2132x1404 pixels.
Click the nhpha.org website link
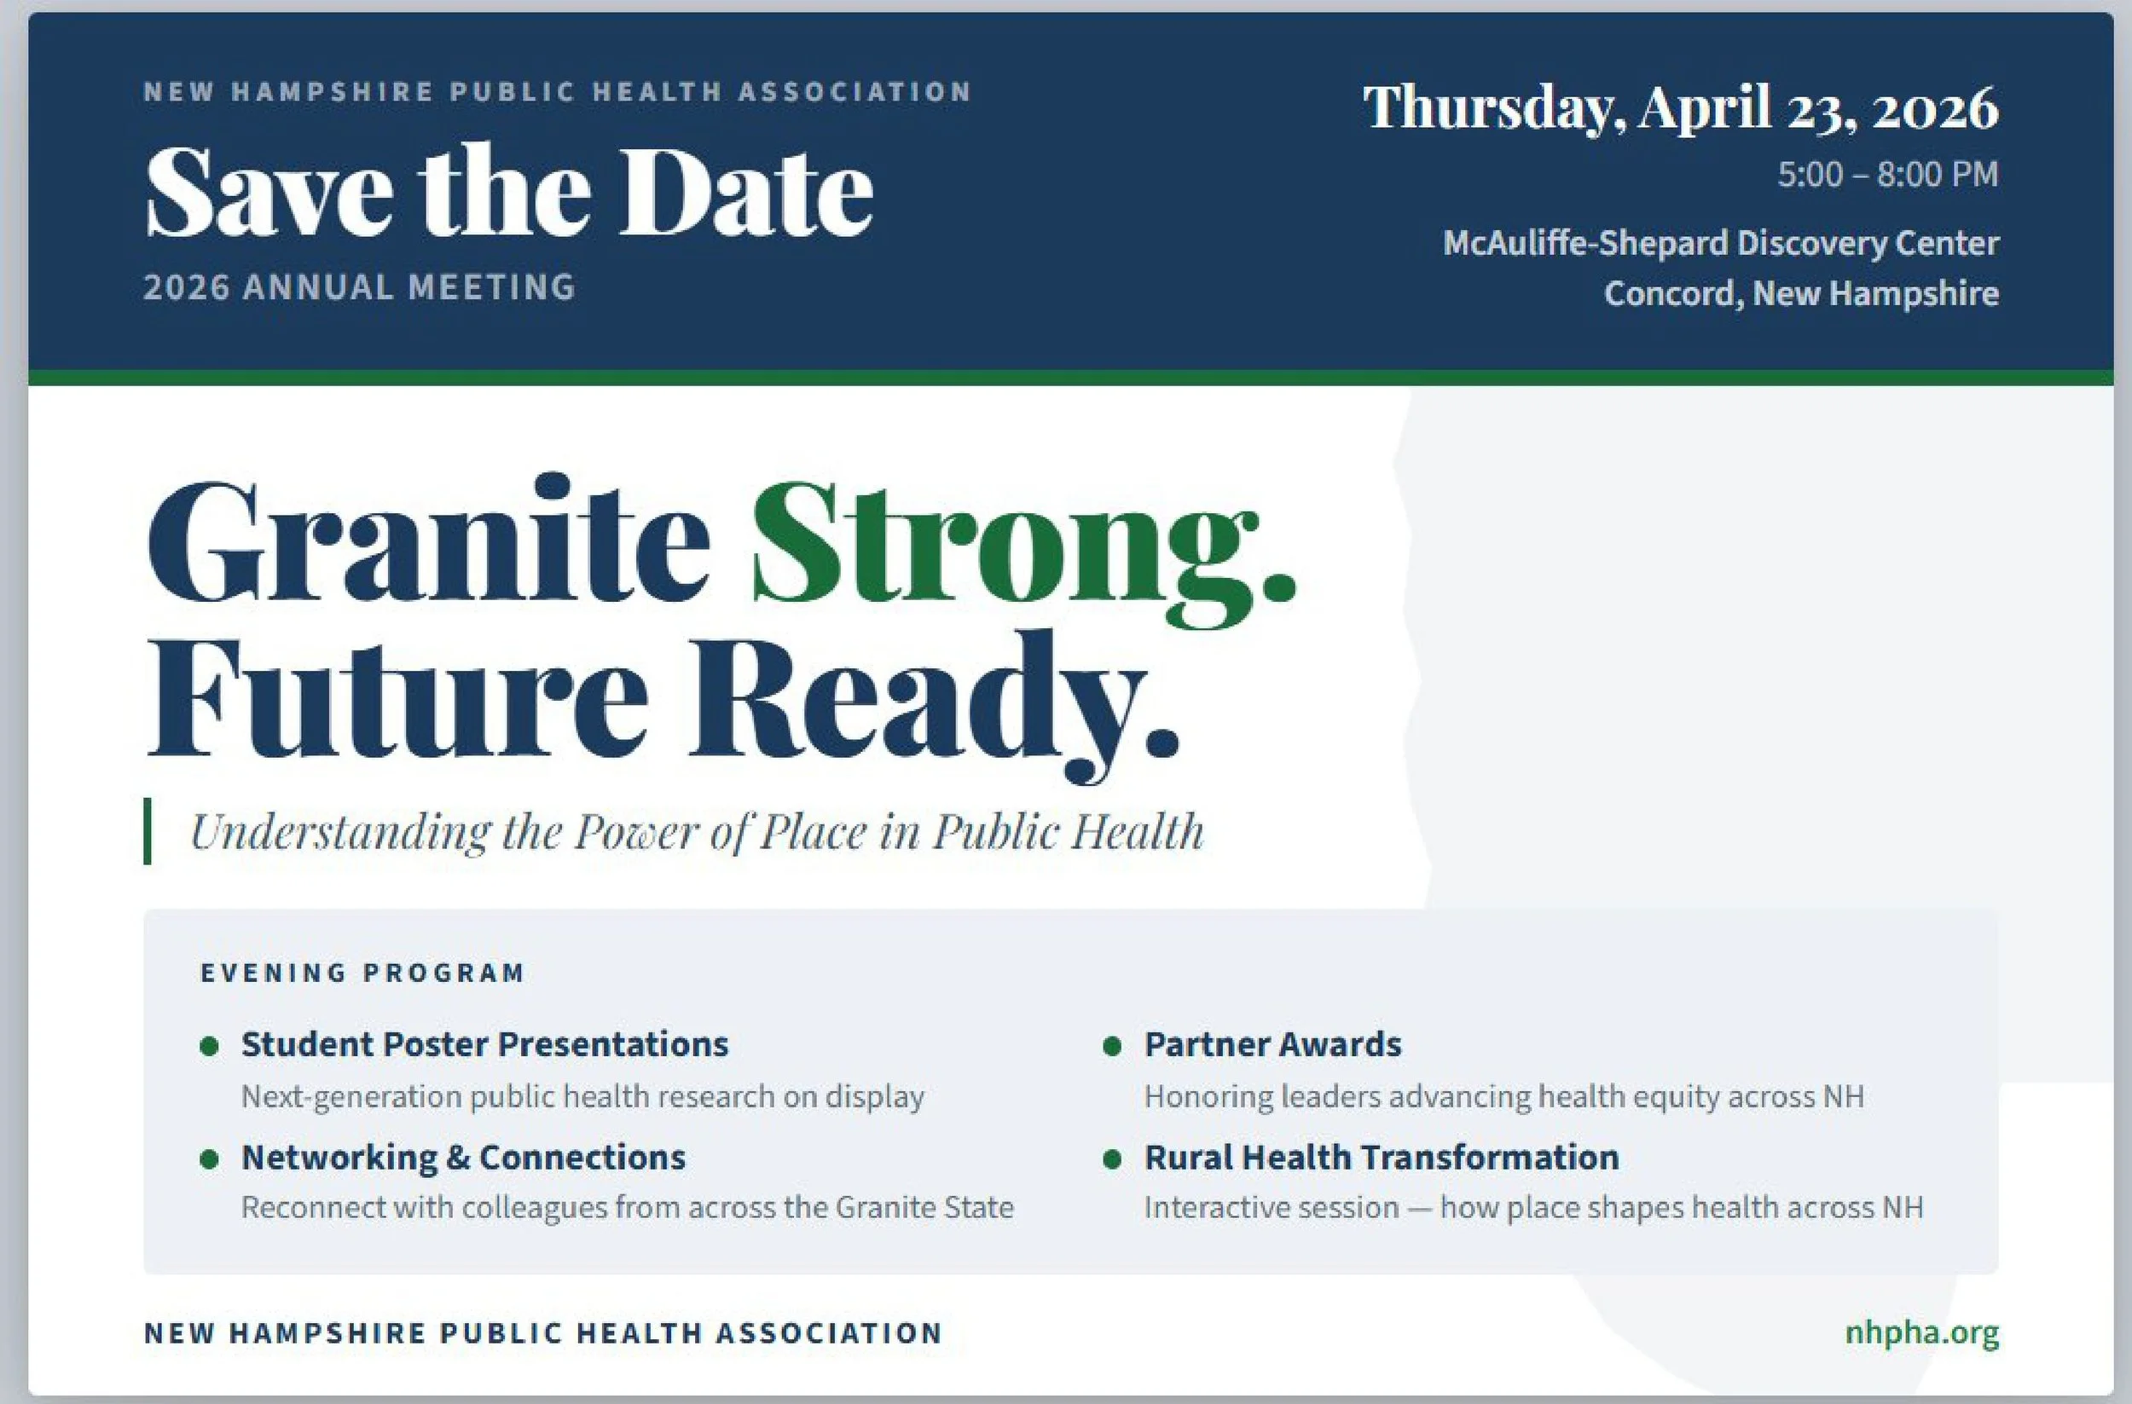(1921, 1333)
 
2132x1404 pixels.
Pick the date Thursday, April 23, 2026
(1681, 107)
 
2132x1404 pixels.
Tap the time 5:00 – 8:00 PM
(1887, 174)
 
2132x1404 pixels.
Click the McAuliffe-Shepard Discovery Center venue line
(1720, 243)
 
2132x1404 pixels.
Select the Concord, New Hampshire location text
(1800, 292)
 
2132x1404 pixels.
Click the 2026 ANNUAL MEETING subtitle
(359, 287)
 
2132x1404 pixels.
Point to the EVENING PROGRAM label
(362, 973)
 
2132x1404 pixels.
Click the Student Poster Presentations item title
(484, 1044)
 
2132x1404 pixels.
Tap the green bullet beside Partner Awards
(1113, 1046)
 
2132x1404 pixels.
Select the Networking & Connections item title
(463, 1157)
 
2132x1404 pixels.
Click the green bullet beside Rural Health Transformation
(1113, 1159)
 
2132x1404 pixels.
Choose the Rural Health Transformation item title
(1382, 1157)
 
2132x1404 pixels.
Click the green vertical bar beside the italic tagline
(148, 831)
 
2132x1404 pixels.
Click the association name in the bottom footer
(543, 1333)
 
